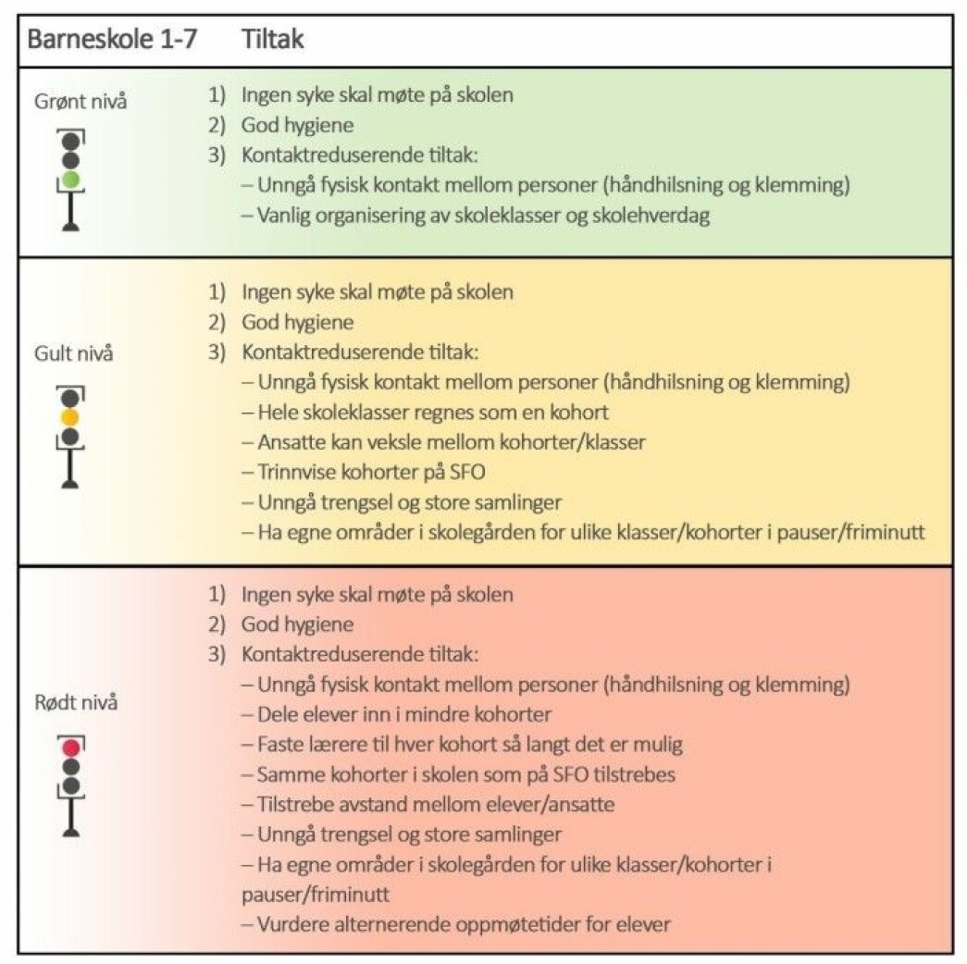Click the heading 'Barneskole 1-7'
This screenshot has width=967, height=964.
(112, 39)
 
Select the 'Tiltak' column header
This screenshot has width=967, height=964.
(273, 39)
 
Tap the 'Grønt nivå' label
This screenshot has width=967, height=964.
(81, 101)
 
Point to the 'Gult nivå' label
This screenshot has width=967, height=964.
(74, 353)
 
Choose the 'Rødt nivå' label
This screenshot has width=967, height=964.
(76, 702)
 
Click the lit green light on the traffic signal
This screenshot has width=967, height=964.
(71, 180)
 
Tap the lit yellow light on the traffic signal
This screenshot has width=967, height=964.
(70, 417)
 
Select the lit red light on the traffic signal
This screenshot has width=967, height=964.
(71, 748)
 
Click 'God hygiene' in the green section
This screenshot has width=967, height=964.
(297, 125)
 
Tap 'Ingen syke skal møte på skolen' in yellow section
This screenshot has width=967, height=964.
(378, 291)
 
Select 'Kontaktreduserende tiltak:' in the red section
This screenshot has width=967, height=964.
(360, 654)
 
